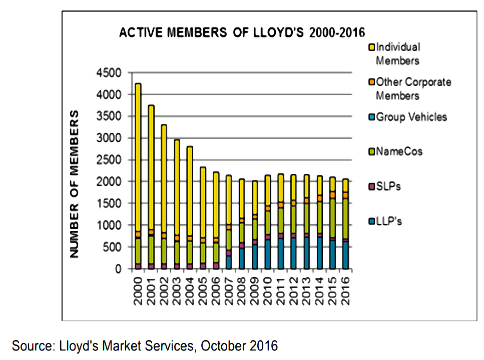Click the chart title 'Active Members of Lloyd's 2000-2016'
(242, 33)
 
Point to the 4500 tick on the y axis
(110, 73)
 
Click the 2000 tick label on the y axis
(110, 182)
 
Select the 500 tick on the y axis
(113, 247)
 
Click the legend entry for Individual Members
(397, 53)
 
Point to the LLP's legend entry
(388, 221)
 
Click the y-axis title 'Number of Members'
(75, 184)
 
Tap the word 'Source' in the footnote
(29, 345)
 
